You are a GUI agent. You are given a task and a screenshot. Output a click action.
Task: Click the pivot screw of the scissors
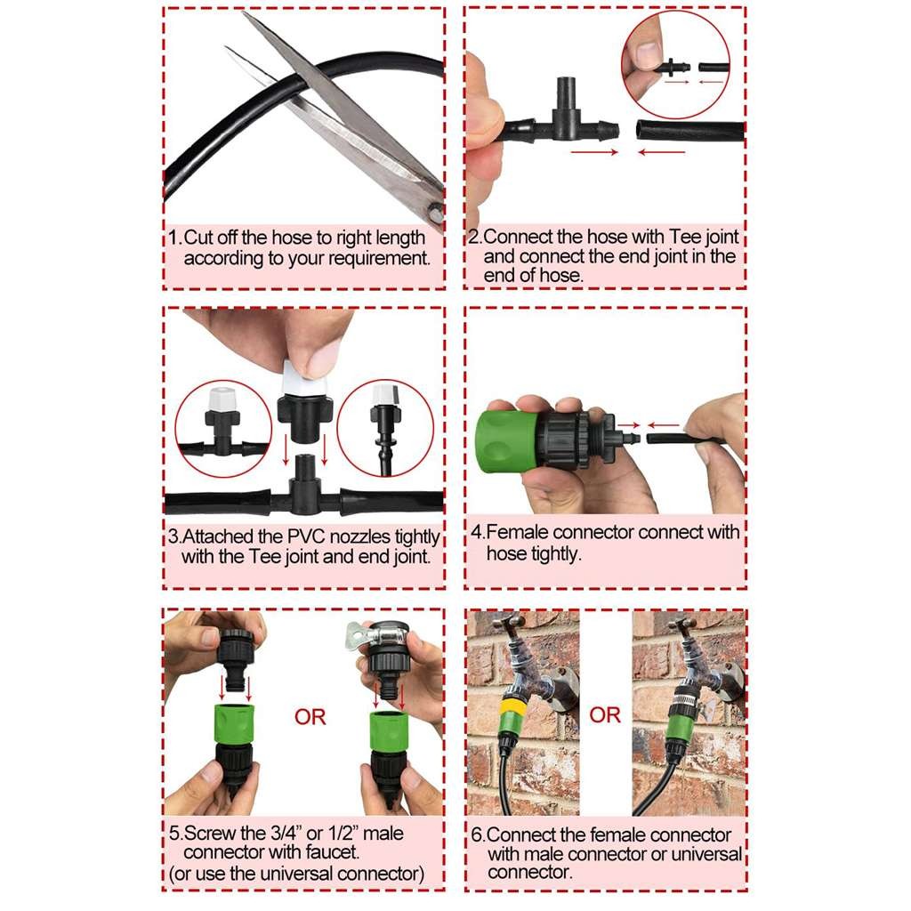pyautogui.click(x=433, y=211)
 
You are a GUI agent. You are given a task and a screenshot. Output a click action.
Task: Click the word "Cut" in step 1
pyautogui.click(x=200, y=238)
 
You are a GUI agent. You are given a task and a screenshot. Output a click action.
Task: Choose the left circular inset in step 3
pyautogui.click(x=219, y=427)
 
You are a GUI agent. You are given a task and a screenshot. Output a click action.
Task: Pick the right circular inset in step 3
pyautogui.click(x=385, y=427)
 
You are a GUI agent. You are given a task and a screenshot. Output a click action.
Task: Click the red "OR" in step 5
pyautogui.click(x=310, y=716)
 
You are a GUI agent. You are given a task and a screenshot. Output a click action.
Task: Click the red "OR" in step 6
pyautogui.click(x=605, y=714)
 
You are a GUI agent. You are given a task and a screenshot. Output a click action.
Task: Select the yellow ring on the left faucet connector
pyautogui.click(x=513, y=710)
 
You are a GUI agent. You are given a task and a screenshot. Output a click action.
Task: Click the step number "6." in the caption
pyautogui.click(x=477, y=835)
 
